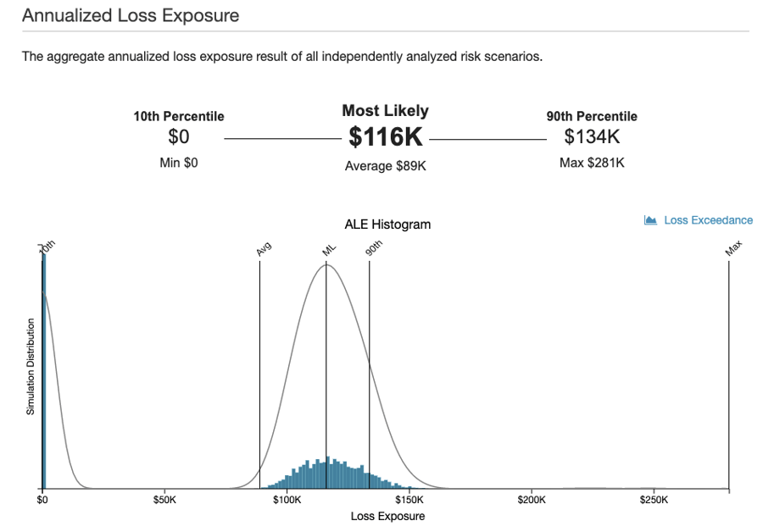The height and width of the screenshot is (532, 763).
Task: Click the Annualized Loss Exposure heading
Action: [x=131, y=15]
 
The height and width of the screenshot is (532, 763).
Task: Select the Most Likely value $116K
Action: [x=386, y=137]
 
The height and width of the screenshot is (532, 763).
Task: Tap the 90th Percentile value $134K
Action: [x=592, y=136]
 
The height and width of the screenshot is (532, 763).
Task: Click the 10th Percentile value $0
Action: [x=179, y=136]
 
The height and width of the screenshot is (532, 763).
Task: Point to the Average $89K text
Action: [x=386, y=166]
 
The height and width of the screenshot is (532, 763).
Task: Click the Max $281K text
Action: [x=592, y=162]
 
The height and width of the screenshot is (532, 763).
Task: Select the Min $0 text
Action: [x=179, y=162]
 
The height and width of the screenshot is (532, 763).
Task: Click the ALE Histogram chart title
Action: [x=387, y=224]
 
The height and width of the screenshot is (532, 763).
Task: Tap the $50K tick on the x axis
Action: [x=164, y=501]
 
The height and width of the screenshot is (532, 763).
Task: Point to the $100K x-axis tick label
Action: [x=287, y=501]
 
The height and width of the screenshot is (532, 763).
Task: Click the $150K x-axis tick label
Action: [x=409, y=501]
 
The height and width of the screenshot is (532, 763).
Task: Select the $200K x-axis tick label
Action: [x=532, y=501]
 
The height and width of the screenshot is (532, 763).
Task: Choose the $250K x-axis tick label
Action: [x=654, y=501]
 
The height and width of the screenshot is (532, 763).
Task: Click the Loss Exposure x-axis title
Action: [x=387, y=516]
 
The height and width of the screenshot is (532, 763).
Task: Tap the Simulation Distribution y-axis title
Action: [x=31, y=367]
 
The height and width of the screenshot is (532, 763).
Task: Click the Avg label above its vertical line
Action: [x=263, y=250]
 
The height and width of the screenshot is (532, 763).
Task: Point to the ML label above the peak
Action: [x=329, y=249]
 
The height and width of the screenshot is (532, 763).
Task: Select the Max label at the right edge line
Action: [x=733, y=247]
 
